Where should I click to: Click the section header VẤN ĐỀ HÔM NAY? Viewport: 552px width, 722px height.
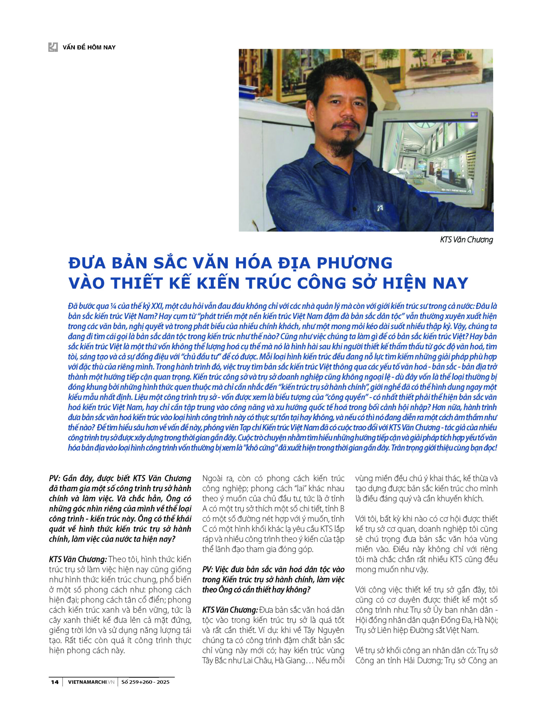(x=89, y=47)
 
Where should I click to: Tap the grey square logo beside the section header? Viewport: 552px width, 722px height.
(x=53, y=47)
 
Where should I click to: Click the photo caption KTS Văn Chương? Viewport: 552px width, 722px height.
(x=466, y=240)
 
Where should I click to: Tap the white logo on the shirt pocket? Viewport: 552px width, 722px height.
(x=380, y=208)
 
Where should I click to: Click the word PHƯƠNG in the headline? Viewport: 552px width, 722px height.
(x=354, y=263)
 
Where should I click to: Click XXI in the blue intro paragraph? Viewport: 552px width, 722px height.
(x=157, y=306)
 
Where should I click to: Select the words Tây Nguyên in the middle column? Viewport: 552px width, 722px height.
(x=324, y=630)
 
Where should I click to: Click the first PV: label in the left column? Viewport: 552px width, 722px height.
(x=55, y=478)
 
